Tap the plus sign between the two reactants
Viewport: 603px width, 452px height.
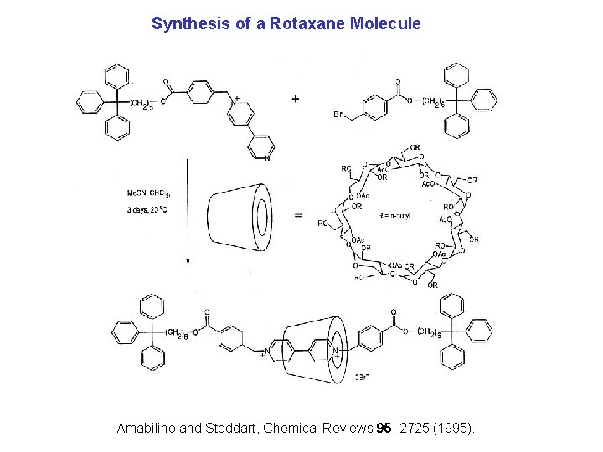click(x=295, y=98)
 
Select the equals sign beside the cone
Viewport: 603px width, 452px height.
click(x=298, y=216)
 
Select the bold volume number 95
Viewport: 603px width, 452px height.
click(x=385, y=428)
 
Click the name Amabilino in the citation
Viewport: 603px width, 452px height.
click(x=147, y=428)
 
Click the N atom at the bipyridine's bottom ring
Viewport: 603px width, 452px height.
click(x=266, y=157)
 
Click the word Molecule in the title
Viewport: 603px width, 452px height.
click(x=387, y=23)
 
